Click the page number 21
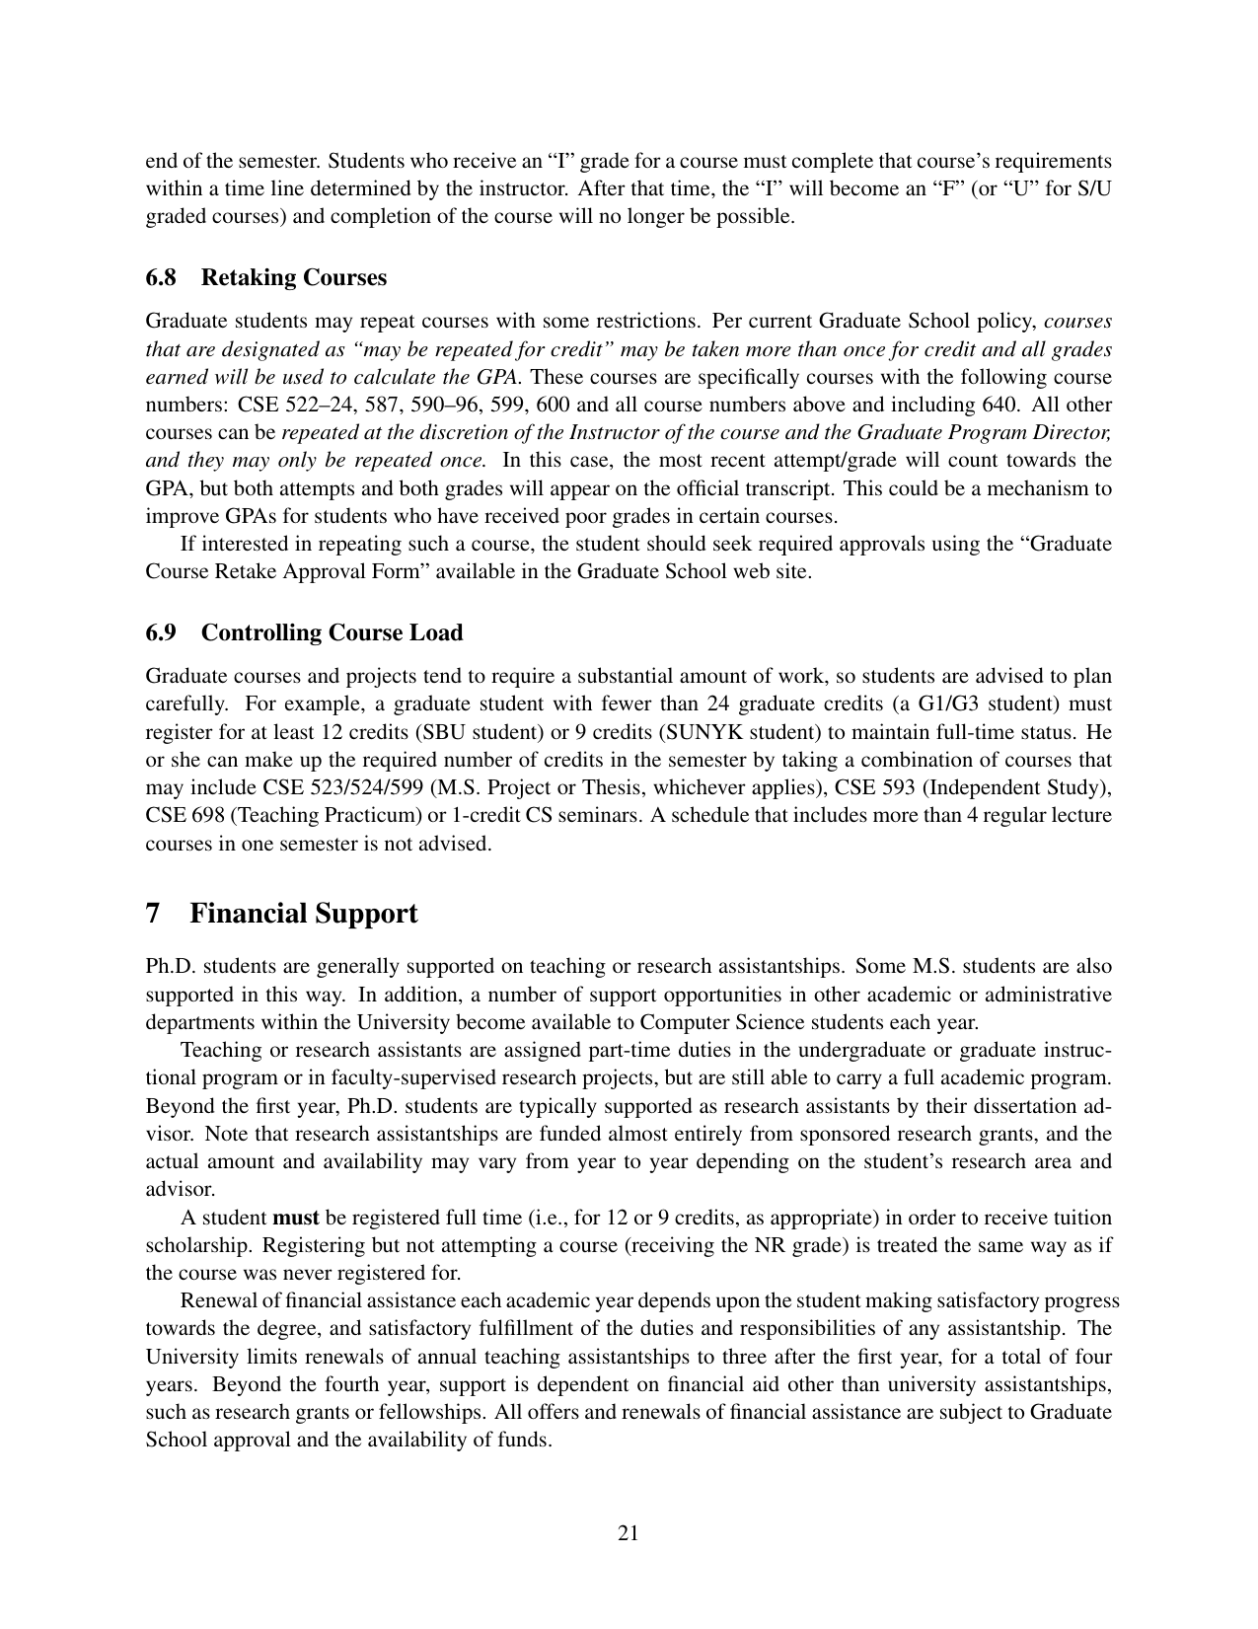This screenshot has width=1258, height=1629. coord(629,1532)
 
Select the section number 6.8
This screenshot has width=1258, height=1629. coord(161,277)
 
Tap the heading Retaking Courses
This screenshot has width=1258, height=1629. coord(294,277)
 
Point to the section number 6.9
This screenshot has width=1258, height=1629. coord(161,632)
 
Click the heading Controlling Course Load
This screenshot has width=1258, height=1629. coord(332,632)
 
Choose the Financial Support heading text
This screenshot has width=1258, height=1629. coord(303,913)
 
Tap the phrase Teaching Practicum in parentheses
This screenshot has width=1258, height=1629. coord(313,815)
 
